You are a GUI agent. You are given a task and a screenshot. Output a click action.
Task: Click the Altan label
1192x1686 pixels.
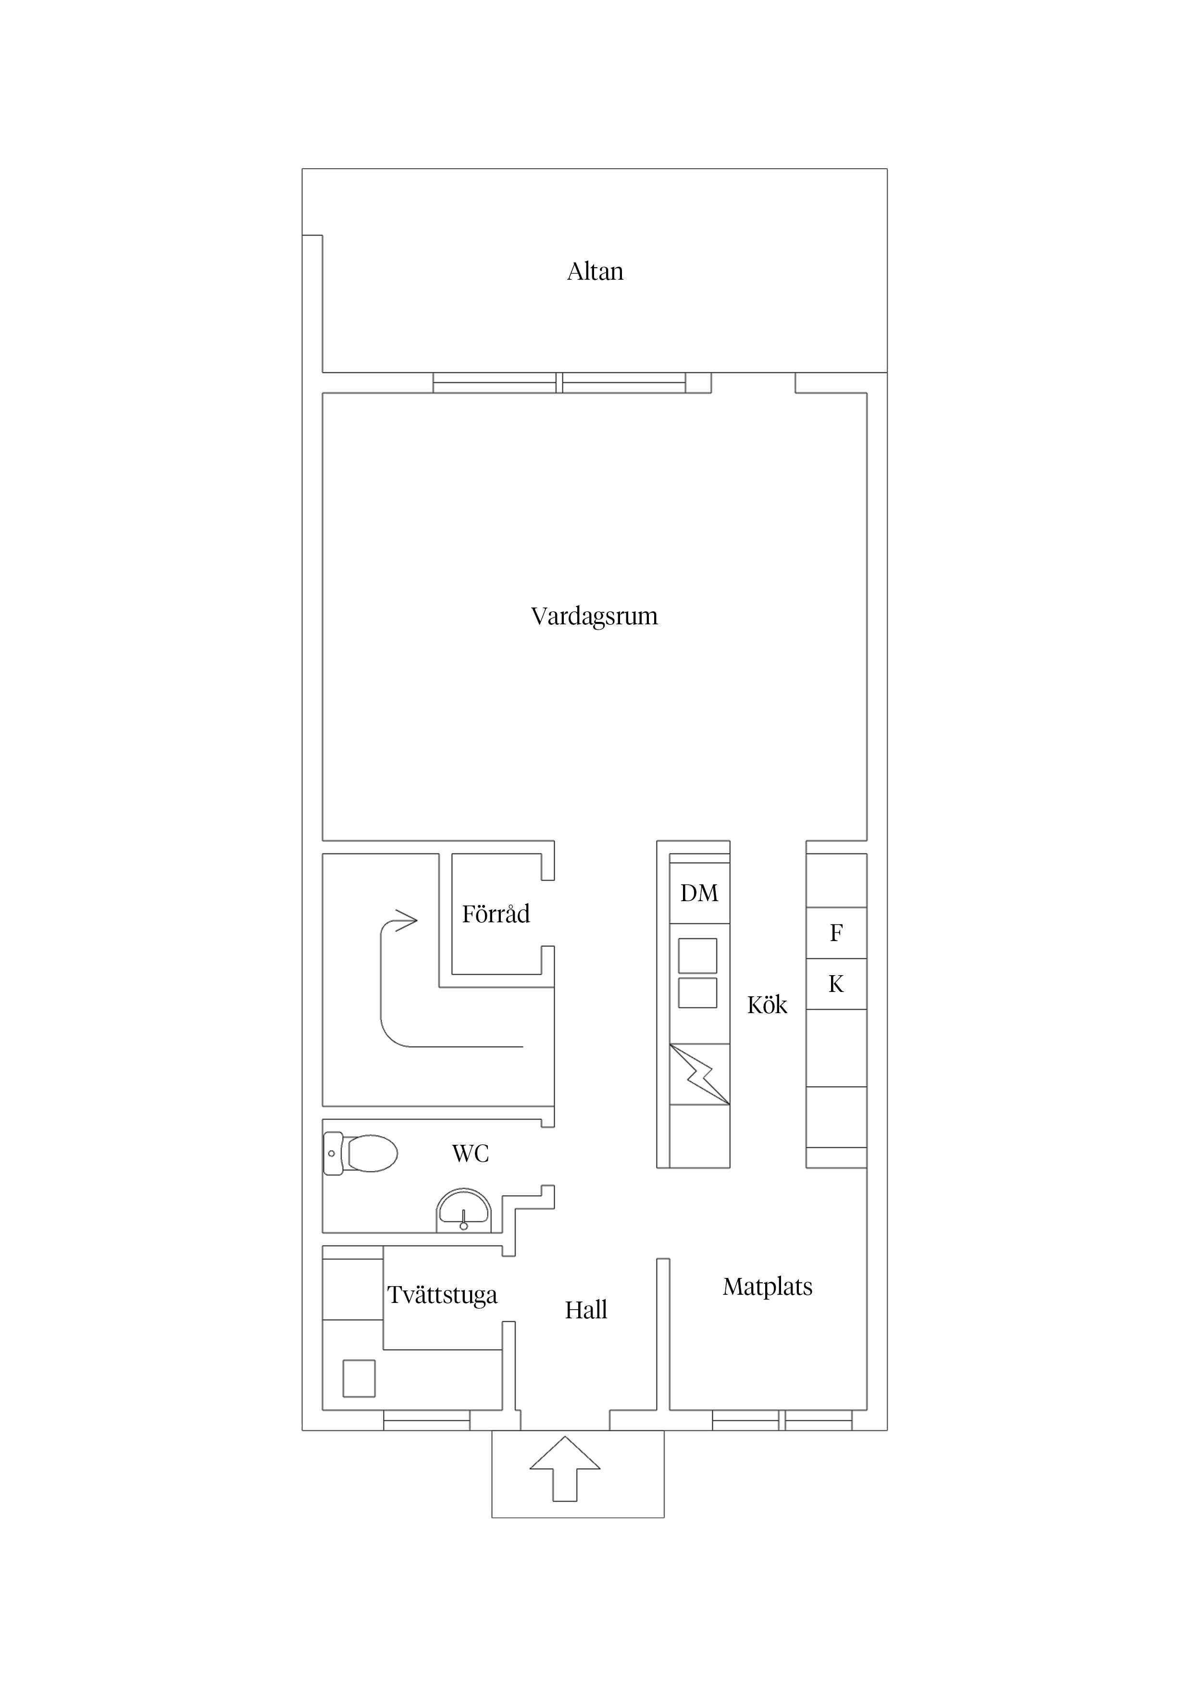[595, 272]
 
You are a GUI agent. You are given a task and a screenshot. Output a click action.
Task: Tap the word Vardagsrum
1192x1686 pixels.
[594, 616]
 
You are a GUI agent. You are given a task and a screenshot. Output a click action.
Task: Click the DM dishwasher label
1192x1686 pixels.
[699, 893]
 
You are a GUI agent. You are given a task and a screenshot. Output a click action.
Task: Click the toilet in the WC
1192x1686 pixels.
[360, 1153]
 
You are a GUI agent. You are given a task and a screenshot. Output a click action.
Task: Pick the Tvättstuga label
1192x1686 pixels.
[442, 1295]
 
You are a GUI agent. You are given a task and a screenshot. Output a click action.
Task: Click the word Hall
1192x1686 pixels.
[586, 1310]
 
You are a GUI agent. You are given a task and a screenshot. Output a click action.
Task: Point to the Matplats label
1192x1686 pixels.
[768, 1287]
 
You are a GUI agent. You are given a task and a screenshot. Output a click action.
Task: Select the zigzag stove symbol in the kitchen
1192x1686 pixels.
[699, 1074]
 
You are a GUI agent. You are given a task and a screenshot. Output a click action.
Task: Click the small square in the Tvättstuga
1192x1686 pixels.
[359, 1378]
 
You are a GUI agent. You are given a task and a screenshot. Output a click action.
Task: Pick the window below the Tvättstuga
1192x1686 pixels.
[427, 1420]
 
